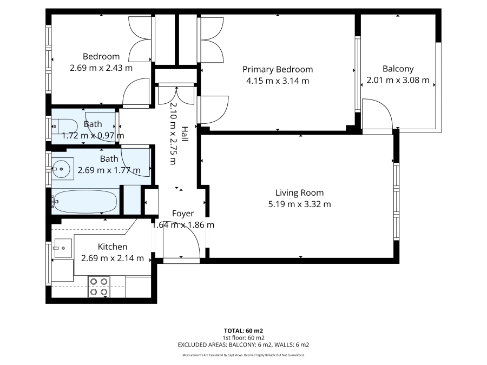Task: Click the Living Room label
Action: pyautogui.click(x=299, y=193)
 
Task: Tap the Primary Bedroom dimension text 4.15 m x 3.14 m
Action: pyautogui.click(x=278, y=81)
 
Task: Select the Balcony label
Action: pyautogui.click(x=398, y=69)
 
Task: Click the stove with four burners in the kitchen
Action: pyautogui.click(x=99, y=287)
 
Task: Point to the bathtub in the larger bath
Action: pyautogui.click(x=85, y=202)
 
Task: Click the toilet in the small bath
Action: pyautogui.click(x=64, y=127)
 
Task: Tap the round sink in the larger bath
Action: pyautogui.click(x=61, y=169)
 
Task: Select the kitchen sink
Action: pyautogui.click(x=63, y=248)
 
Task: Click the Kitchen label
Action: pyautogui.click(x=113, y=247)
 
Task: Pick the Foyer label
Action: pyautogui.click(x=183, y=214)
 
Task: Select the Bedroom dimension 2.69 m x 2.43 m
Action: pyautogui.click(x=101, y=68)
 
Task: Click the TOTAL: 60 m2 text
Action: pyautogui.click(x=243, y=331)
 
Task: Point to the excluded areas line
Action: pyautogui.click(x=243, y=345)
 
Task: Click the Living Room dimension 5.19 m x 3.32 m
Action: pyautogui.click(x=299, y=204)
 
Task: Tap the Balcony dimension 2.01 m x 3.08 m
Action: pyautogui.click(x=398, y=80)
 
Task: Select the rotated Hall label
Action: pyautogui.click(x=185, y=134)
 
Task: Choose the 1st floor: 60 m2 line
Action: pyautogui.click(x=243, y=338)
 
